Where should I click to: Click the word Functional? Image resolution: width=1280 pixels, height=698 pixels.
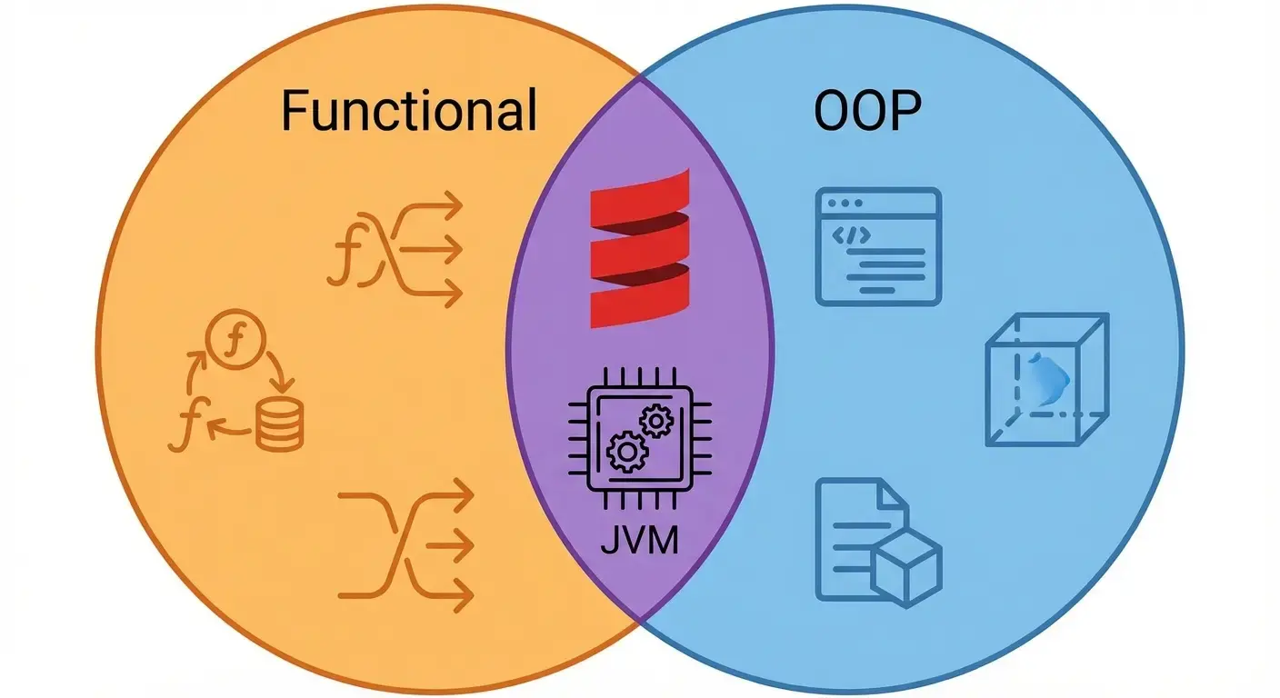click(x=408, y=112)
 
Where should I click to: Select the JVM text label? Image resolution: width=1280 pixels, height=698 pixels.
click(x=639, y=543)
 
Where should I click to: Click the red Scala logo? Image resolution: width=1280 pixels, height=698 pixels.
click(x=639, y=247)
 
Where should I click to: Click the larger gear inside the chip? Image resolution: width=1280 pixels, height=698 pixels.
click(x=625, y=452)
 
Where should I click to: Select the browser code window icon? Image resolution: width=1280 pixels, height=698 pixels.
click(x=877, y=245)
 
